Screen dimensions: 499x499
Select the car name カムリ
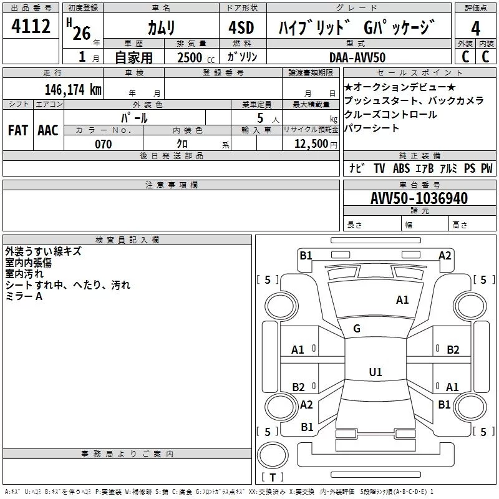161,27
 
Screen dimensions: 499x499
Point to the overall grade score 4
475,27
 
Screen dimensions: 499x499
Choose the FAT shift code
17,130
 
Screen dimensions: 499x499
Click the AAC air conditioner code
47,130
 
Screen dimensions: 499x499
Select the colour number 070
103,144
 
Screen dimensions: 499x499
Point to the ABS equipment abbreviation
402,168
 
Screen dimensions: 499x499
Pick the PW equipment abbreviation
487,168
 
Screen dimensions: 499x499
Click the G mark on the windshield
357,329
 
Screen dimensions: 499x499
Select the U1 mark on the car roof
375,372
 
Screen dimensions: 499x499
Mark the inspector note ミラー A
24,296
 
